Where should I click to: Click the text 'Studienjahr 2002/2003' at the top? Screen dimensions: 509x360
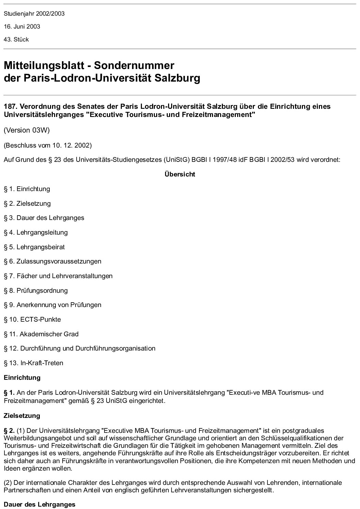tap(34, 14)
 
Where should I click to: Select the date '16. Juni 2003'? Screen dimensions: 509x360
tap(22, 27)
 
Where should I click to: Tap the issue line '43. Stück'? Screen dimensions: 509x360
tap(16, 39)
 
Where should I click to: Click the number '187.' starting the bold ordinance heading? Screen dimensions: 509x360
tap(11, 106)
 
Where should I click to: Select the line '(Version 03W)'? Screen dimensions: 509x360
tap(27, 131)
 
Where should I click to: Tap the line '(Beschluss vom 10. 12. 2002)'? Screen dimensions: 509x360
tap(48, 145)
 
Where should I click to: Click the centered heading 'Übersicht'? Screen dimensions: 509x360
tap(180, 174)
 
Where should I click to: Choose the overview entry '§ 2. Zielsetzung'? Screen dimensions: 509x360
tap(27, 204)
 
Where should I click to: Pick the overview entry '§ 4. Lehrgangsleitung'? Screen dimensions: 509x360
tap(36, 233)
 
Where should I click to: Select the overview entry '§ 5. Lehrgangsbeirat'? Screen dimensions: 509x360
tap(34, 247)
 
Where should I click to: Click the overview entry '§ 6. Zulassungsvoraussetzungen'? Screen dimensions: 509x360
tap(53, 261)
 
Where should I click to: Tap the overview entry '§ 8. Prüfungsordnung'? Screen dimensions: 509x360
tap(36, 291)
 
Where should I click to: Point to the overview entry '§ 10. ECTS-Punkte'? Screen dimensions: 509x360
tap(32, 320)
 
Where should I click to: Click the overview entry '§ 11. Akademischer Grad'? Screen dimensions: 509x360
tap(41, 334)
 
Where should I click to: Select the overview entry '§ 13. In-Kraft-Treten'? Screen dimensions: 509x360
tap(34, 363)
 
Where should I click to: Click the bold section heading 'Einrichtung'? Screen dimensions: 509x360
tap(22, 378)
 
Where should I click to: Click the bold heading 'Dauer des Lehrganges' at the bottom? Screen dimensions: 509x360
tap(39, 504)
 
